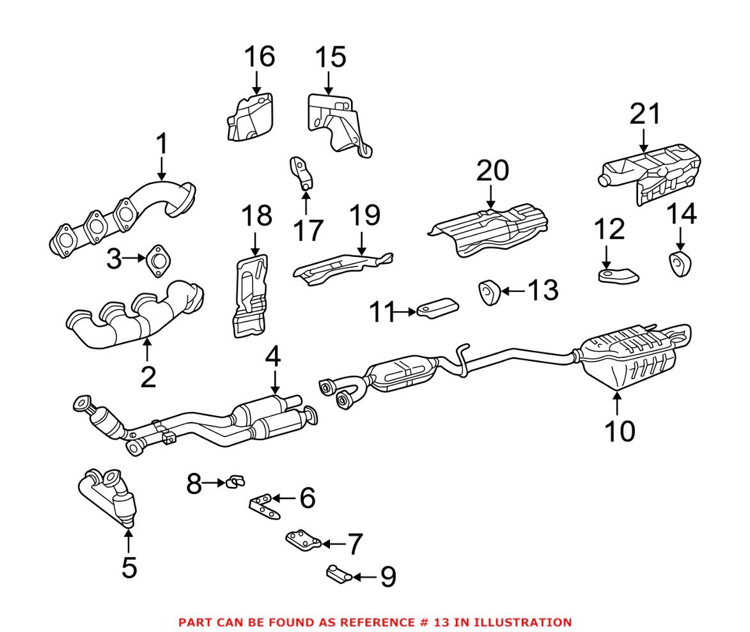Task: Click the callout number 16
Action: pos(259,57)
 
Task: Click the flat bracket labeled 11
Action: pos(438,306)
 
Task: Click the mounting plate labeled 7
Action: pos(302,541)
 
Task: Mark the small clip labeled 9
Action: pos(338,574)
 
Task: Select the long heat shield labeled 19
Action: pos(342,266)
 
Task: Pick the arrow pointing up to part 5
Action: pos(129,541)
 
